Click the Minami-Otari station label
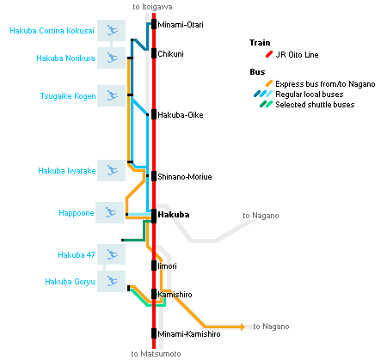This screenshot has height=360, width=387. (x=181, y=25)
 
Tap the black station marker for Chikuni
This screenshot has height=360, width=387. (x=154, y=53)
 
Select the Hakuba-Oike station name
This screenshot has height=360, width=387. (x=181, y=115)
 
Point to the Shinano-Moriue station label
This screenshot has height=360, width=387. (x=185, y=177)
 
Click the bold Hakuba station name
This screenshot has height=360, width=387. (x=174, y=215)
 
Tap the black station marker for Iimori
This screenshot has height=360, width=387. (x=154, y=265)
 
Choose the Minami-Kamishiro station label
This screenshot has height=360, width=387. (x=189, y=334)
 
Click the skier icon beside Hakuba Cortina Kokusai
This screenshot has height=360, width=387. (x=112, y=30)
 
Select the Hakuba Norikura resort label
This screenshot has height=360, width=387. (x=65, y=58)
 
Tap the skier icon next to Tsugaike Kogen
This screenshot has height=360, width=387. (x=112, y=95)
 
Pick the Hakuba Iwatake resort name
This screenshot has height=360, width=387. (x=67, y=171)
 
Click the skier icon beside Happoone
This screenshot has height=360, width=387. (x=110, y=212)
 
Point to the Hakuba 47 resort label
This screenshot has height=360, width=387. (x=77, y=255)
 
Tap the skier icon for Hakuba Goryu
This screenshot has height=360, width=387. (x=112, y=281)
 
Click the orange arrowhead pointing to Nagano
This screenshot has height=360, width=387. (x=243, y=326)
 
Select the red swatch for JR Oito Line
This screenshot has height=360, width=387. (x=269, y=54)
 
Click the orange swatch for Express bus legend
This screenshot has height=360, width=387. (x=269, y=83)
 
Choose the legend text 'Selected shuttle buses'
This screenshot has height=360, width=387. (x=315, y=105)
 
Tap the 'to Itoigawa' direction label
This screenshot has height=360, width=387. (x=152, y=7)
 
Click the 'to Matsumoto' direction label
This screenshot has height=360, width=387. (x=156, y=354)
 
